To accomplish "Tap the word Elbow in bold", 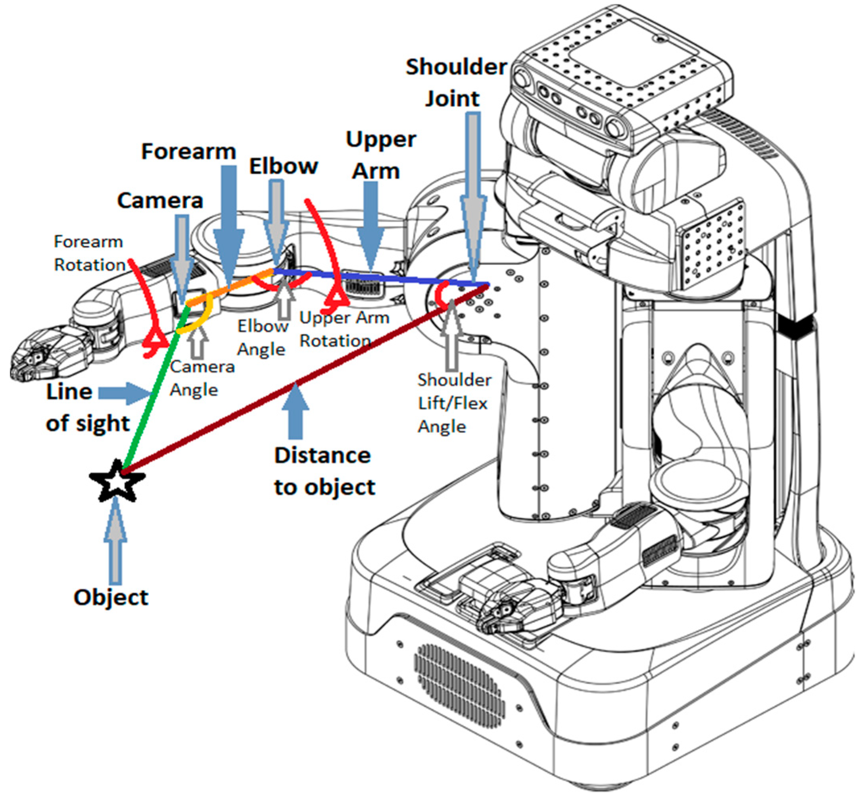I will coord(283,166).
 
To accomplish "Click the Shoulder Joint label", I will coord(455,83).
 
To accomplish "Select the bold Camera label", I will coord(160,201).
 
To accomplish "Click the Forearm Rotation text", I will coord(89,253).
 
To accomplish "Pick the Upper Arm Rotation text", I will coord(344,329).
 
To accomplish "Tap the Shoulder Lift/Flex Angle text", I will coord(453,403).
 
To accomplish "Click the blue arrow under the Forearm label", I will coord(229,221).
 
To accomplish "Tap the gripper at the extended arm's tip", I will coord(39,356).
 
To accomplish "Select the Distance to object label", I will coord(324,471).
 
